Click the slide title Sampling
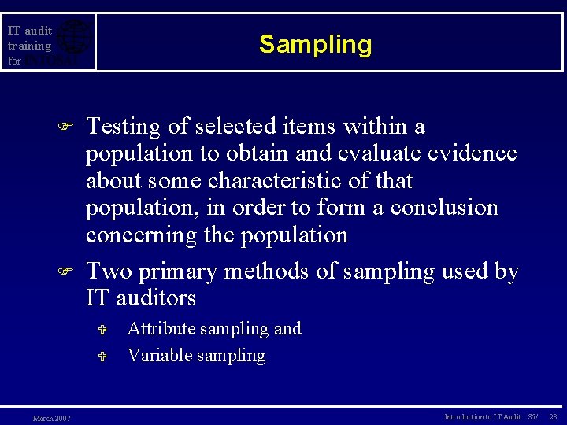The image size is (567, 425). pyautogui.click(x=315, y=44)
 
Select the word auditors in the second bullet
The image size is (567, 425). pyautogui.click(x=156, y=298)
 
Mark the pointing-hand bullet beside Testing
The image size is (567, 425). pyautogui.click(x=66, y=127)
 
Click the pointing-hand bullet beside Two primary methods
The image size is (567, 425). pyautogui.click(x=66, y=272)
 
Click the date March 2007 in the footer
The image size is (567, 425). pyautogui.click(x=51, y=418)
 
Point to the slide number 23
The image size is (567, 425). pyautogui.click(x=553, y=416)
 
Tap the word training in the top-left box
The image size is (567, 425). pyautogui.click(x=29, y=46)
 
